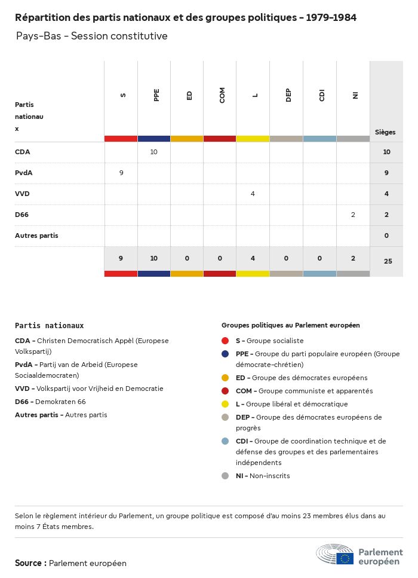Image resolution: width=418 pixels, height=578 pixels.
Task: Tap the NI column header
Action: (x=355, y=95)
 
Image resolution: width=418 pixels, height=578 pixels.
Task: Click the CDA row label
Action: (x=23, y=152)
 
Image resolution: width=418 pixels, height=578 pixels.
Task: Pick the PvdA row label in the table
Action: (x=24, y=173)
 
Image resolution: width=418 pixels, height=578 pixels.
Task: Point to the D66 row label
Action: (x=23, y=215)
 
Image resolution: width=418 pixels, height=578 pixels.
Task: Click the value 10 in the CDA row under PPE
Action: (x=153, y=152)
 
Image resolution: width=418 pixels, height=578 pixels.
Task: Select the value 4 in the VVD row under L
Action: (x=253, y=194)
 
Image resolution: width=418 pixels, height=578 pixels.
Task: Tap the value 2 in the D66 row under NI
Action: (x=353, y=215)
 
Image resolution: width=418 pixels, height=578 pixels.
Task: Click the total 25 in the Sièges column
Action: (x=388, y=261)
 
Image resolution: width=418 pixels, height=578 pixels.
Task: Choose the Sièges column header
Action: (x=385, y=132)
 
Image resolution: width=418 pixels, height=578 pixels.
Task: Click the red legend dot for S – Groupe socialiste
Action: (x=225, y=341)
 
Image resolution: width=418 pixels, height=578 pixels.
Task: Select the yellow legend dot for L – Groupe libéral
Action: (x=225, y=404)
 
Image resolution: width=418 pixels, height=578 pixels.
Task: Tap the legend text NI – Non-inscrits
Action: (x=262, y=476)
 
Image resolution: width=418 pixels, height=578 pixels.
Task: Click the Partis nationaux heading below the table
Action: (x=50, y=326)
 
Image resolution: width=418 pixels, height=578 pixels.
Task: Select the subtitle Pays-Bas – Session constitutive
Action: (x=92, y=36)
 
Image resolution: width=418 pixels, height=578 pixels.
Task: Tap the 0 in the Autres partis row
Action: (x=386, y=236)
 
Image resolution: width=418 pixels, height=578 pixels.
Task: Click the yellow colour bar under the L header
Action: (x=253, y=139)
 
